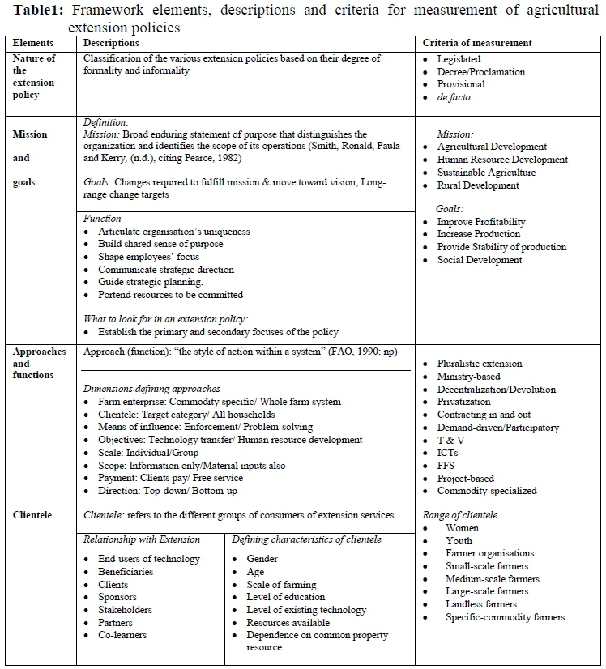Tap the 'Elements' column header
[33, 43]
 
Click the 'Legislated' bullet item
[459, 59]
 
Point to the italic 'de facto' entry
[454, 97]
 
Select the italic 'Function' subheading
[103, 219]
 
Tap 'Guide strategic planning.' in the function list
[150, 282]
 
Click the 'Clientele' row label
[32, 515]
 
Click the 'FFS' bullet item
[448, 466]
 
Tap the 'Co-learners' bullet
[122, 635]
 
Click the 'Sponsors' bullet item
[118, 597]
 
